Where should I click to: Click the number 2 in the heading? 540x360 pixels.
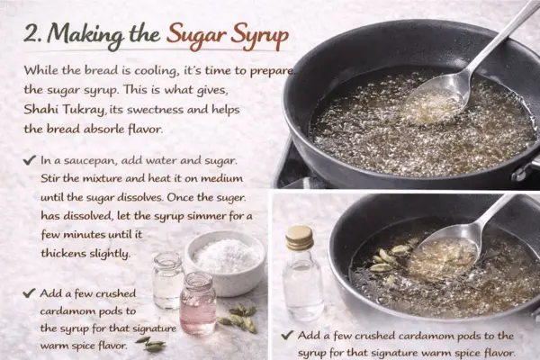(31, 34)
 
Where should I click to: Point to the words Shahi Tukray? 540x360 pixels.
(64, 110)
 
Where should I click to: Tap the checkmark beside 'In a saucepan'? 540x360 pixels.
(30, 160)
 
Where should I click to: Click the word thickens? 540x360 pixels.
(63, 253)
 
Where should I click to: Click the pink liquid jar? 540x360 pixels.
(198, 303)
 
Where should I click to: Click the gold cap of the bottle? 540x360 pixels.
(300, 238)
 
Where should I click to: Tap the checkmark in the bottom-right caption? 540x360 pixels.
(287, 335)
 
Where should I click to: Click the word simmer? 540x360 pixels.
(205, 216)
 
